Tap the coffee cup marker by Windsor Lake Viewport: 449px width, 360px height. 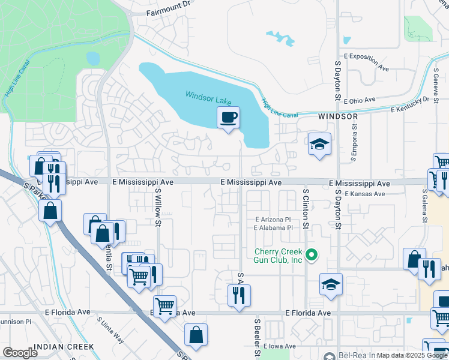click(x=228, y=118)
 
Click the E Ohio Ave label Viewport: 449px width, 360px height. click(x=358, y=100)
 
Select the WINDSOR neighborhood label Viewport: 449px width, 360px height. click(x=338, y=116)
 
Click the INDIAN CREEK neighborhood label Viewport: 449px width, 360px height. click(x=64, y=347)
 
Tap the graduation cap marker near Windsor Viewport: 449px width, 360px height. click(x=320, y=145)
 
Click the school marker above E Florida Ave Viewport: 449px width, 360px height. click(x=331, y=286)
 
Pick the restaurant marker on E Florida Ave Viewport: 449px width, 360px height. click(x=239, y=296)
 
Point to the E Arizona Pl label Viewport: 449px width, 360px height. click(x=273, y=220)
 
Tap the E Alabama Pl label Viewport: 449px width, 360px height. click(x=273, y=228)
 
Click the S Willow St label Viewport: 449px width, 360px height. click(x=158, y=208)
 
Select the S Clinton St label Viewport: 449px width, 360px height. click(x=306, y=209)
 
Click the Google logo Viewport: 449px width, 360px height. click(x=20, y=353)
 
